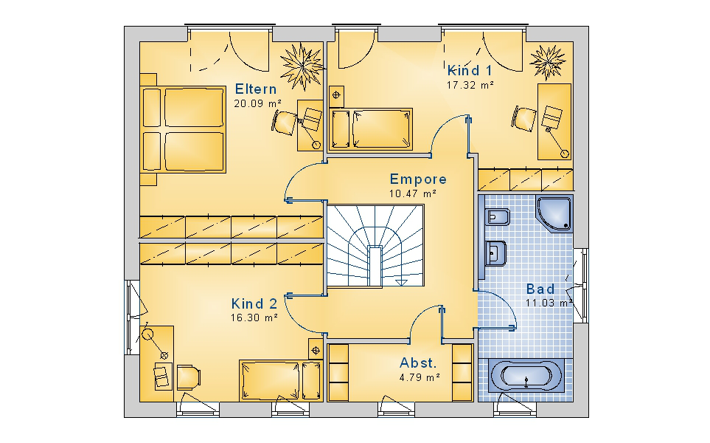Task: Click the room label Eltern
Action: pyautogui.click(x=255, y=89)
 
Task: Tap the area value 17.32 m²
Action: pyautogui.click(x=470, y=85)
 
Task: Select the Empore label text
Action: pyautogui.click(x=418, y=179)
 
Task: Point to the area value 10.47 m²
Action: pyautogui.click(x=412, y=193)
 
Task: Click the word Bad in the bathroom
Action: pyautogui.click(x=540, y=289)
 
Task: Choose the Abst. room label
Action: pyautogui.click(x=418, y=363)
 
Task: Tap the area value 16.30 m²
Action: pyautogui.click(x=254, y=317)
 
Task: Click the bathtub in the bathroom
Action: pyautogui.click(x=526, y=375)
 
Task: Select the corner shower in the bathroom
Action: pyautogui.click(x=554, y=213)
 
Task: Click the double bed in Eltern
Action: pyautogui.click(x=183, y=130)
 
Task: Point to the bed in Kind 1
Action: pyautogui.click(x=371, y=128)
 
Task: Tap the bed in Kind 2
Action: pyautogui.click(x=281, y=381)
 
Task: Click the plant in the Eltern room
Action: pyautogui.click(x=301, y=66)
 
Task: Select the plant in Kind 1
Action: pyautogui.click(x=548, y=62)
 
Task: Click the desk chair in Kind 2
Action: pyautogui.click(x=188, y=377)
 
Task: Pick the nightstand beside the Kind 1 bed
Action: pyautogui.click(x=336, y=96)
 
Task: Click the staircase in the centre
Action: pyautogui.click(x=375, y=245)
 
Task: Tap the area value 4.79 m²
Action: pyautogui.click(x=420, y=377)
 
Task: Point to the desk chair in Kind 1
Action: pyautogui.click(x=524, y=119)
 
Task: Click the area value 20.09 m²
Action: pyautogui.click(x=257, y=103)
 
